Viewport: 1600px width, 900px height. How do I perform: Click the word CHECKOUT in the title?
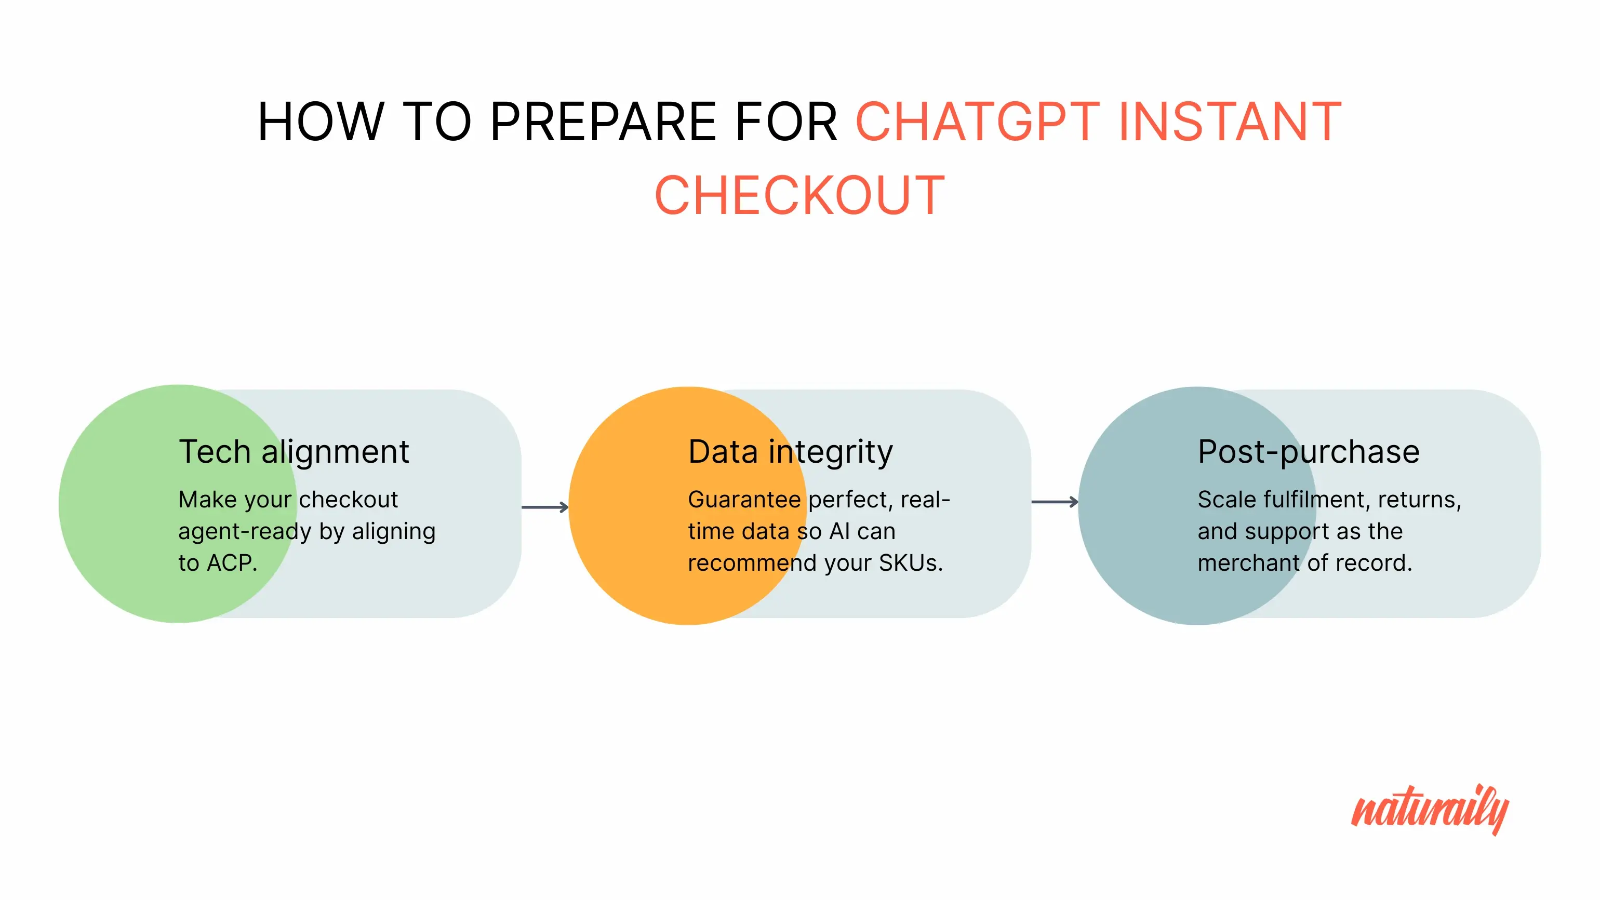(800, 196)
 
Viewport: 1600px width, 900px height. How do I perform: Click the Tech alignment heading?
(294, 451)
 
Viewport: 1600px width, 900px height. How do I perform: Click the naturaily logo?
(1430, 809)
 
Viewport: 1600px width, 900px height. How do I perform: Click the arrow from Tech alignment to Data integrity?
(545, 507)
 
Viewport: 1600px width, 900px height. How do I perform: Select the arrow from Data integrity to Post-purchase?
(1055, 502)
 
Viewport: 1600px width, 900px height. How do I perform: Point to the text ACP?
(232, 563)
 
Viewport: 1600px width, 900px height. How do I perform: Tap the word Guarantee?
(744, 500)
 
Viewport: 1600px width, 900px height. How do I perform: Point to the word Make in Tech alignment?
(204, 500)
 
